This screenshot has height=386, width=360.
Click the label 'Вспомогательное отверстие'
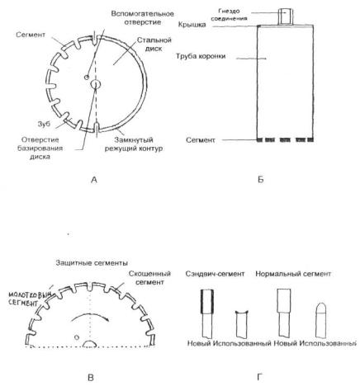(142, 18)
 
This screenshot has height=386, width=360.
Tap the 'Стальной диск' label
(154, 45)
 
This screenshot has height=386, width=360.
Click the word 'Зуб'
(44, 124)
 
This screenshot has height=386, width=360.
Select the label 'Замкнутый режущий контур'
(134, 144)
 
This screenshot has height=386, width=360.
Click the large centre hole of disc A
(96, 84)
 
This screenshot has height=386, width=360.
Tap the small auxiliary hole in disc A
(87, 78)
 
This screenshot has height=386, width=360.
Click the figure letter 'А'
(94, 180)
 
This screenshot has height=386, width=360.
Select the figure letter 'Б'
(261, 180)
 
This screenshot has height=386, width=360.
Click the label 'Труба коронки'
(201, 56)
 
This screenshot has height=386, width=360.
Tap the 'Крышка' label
(192, 25)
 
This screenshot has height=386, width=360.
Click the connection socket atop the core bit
(285, 16)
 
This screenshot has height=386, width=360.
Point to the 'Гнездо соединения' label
(229, 15)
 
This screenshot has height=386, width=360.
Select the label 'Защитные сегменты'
(92, 263)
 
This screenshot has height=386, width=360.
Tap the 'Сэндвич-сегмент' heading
(215, 274)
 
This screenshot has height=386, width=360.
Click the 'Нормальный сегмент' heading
(293, 274)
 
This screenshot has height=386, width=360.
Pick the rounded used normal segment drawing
(321, 320)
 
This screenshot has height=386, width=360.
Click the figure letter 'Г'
(259, 377)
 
